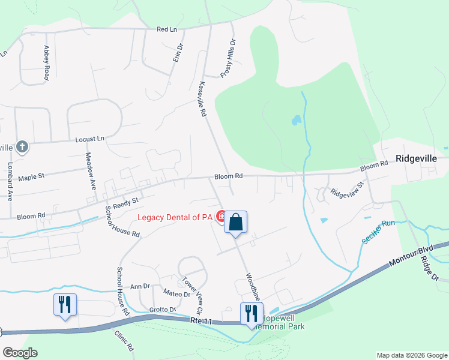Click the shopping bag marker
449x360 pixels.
click(236, 223)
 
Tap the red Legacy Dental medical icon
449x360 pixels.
click(221, 215)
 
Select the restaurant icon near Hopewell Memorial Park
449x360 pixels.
click(251, 314)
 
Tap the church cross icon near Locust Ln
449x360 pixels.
click(22, 147)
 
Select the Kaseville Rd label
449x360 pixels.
click(203, 99)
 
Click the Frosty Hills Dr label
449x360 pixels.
click(229, 58)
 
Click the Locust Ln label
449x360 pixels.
click(89, 139)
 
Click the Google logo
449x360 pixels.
click(20, 352)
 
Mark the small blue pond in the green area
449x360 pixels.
click(296, 121)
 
